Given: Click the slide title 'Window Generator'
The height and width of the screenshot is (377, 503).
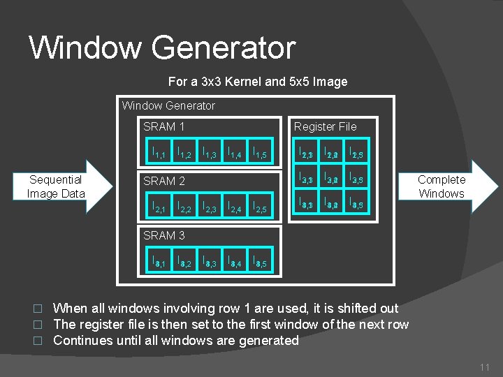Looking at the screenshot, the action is pos(162,47).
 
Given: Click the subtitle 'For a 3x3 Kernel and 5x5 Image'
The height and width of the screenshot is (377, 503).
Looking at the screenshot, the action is pos(258,82).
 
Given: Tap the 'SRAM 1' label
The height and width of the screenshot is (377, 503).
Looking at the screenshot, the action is pos(163,126).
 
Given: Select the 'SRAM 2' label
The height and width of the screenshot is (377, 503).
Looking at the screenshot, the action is pos(163,181).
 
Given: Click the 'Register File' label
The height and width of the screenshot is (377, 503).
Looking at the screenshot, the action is pos(325,126).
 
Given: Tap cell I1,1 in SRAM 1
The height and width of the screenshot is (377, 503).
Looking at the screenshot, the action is pos(159,151).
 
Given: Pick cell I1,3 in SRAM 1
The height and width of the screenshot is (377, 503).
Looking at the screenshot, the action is pos(209,151).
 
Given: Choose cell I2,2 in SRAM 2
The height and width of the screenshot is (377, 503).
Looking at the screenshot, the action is pos(184,205).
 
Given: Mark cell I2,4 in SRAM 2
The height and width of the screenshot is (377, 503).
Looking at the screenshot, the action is pos(234,205).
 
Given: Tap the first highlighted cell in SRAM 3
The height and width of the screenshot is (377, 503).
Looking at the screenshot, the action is pos(159,261).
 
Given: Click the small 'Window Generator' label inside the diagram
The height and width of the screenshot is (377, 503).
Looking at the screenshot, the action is pos(168,106).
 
